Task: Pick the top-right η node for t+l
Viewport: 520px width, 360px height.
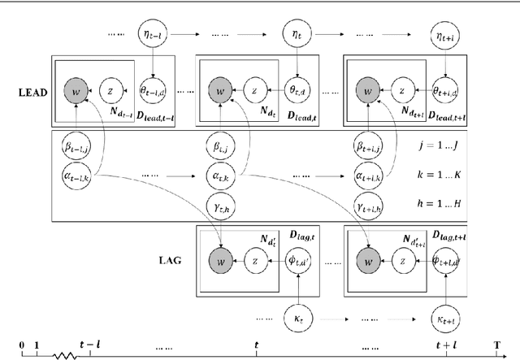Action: point(444,36)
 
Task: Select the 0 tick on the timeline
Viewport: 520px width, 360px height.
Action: point(22,345)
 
